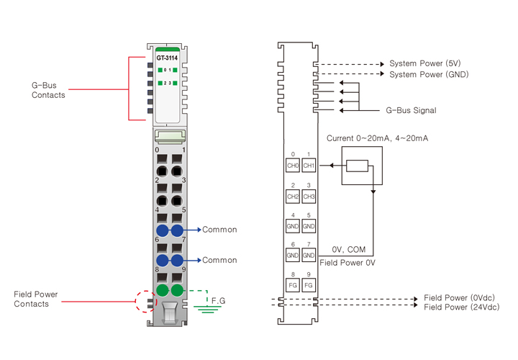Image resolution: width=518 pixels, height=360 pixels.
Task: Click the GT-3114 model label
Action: point(167,58)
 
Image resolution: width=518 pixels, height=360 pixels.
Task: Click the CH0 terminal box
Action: point(293,166)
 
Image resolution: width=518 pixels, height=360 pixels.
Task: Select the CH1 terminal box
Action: point(309,166)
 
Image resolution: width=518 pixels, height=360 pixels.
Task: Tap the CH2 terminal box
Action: point(293,196)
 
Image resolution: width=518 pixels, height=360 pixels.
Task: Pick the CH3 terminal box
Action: point(309,196)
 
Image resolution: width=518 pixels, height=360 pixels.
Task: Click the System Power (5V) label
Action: point(424,63)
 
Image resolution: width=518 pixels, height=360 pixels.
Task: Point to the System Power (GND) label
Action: point(429,74)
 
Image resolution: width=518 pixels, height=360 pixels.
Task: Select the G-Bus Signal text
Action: point(411,111)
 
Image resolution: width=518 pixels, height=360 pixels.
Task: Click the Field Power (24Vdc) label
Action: point(461,307)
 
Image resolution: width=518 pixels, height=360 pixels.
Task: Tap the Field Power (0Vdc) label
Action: point(460,297)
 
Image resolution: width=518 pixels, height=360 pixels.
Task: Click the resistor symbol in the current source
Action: point(358,166)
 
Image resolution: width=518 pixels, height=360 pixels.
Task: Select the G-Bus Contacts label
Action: point(48,90)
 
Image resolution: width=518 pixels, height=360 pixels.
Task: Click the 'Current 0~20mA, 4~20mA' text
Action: point(377,138)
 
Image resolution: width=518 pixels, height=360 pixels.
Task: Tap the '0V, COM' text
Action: point(348,249)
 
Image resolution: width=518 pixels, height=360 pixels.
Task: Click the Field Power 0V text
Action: point(347,263)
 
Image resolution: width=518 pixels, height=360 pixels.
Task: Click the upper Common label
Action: point(219,230)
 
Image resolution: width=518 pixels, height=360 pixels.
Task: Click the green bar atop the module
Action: point(167,49)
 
